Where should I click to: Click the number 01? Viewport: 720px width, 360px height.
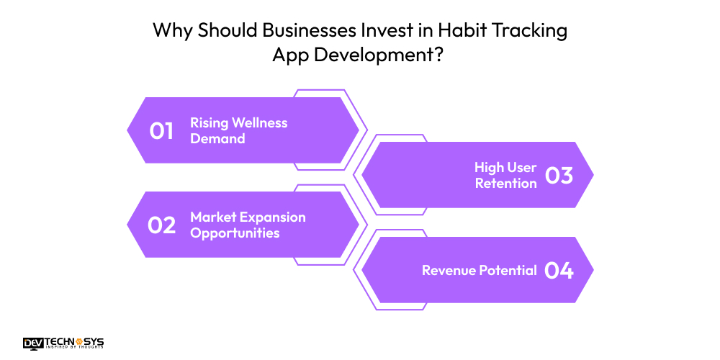point(162,131)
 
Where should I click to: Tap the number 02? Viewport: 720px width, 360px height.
point(162,225)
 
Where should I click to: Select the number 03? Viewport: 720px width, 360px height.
point(559,176)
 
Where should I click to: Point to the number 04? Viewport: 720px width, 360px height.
point(559,271)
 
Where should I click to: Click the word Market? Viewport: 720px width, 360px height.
point(212,217)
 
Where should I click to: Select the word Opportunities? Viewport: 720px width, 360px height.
point(235,233)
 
